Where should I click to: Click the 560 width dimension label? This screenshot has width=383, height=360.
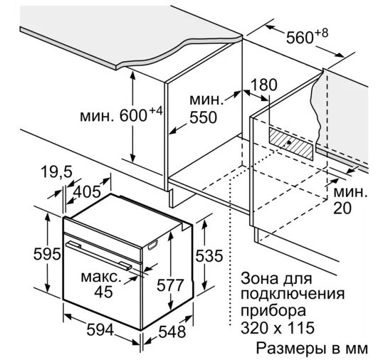[300, 38]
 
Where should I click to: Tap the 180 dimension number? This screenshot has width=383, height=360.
[264, 85]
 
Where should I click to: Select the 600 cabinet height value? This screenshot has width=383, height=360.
[133, 115]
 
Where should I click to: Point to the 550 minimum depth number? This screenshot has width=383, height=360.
[203, 117]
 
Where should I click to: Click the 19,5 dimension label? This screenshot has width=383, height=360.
[56, 171]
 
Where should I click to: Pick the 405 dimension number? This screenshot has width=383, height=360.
[87, 191]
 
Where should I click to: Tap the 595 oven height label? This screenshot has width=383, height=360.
[47, 254]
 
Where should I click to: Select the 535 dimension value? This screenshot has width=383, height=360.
[209, 256]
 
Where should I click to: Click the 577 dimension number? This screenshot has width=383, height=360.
[170, 285]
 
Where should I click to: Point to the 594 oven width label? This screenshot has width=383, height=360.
[100, 330]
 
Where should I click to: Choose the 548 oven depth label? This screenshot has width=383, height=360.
[172, 332]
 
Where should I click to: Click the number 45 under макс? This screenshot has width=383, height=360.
[103, 292]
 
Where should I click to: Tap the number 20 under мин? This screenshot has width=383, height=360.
[342, 208]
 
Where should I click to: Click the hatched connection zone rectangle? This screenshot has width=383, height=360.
[291, 144]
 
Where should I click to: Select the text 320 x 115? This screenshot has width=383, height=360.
[278, 328]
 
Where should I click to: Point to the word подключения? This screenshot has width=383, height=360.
[293, 294]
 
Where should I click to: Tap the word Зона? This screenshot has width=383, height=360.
[259, 278]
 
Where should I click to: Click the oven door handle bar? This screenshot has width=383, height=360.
[99, 255]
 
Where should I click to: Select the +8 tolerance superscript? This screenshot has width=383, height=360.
[322, 33]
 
